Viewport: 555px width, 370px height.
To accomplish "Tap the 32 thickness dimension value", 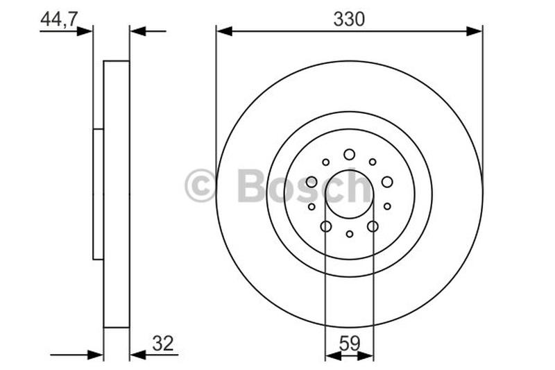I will click(162, 342).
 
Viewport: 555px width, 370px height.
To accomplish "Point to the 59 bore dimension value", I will click(349, 342).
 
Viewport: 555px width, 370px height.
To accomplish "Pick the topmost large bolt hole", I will click(349, 154).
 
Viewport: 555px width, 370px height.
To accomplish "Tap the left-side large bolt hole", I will click(311, 182).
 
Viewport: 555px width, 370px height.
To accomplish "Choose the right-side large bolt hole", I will click(387, 182).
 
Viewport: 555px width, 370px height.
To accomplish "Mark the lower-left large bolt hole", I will click(326, 226).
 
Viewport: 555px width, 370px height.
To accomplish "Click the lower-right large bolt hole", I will click(373, 226).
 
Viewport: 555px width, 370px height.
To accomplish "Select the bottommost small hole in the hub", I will click(349, 235).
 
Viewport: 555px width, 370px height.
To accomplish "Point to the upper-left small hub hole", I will click(326, 162).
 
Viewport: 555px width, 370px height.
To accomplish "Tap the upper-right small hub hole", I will click(373, 162).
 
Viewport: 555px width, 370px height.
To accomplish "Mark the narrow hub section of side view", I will click(98, 194).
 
